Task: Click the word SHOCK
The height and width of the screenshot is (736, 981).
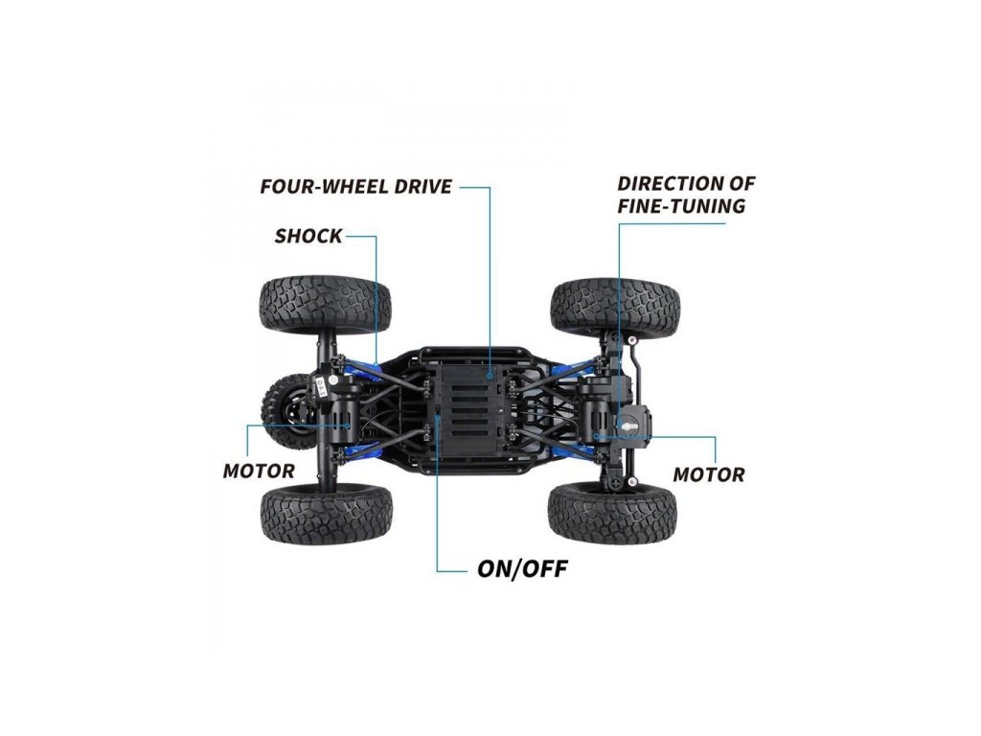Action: pos(308,236)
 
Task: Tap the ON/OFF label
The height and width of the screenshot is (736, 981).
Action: pos(522,569)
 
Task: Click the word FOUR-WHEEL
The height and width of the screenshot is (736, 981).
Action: pos(313,186)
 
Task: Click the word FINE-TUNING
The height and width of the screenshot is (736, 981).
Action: pos(681,206)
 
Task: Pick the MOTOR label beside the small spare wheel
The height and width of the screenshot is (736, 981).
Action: pos(259,471)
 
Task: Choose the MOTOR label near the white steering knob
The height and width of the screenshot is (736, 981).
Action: pos(709,474)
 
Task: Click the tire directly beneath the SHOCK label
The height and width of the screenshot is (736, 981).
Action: pos(326,305)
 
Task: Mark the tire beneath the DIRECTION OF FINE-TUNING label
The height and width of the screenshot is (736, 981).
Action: pos(616,305)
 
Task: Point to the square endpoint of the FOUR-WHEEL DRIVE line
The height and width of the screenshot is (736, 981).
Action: pos(490,379)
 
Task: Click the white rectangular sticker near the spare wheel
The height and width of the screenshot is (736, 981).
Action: pos(323,388)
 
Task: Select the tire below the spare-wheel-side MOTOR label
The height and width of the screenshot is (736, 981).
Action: pos(326,514)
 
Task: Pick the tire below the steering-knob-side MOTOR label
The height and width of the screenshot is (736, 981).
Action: pos(613,512)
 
